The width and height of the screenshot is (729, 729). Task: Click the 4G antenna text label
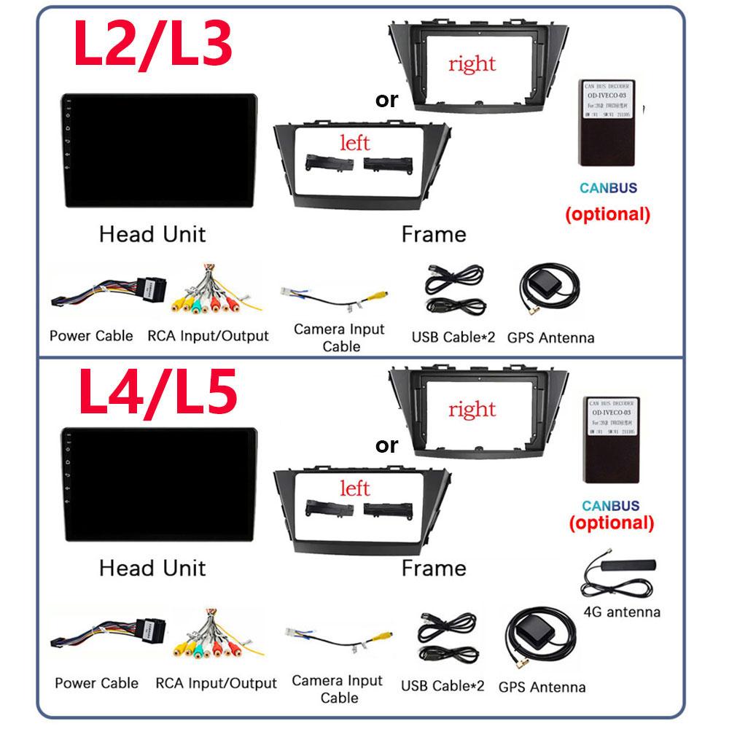623,612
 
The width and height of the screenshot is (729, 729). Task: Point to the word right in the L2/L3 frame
472,64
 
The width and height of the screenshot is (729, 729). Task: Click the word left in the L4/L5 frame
354,488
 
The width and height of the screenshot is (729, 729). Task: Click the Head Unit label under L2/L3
152,234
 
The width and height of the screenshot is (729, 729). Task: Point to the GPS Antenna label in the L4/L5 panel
542,687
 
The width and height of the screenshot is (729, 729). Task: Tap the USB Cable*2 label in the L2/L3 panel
453,337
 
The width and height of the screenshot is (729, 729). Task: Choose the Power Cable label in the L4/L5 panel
96,683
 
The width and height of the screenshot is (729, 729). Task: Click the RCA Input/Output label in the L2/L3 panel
208,336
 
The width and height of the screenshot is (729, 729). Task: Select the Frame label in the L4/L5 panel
434,568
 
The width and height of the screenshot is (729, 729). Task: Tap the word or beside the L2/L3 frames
387,101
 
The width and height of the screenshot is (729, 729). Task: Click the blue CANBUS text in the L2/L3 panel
608,188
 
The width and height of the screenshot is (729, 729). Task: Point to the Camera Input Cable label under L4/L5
337,689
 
